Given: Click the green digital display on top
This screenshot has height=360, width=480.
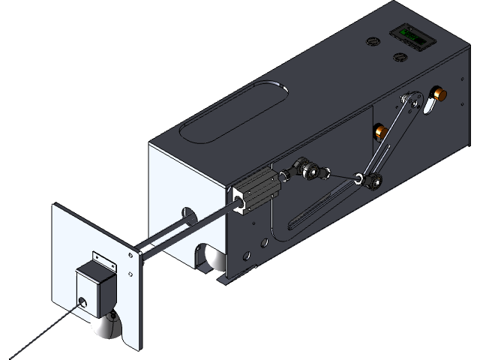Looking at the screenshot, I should pyautogui.click(x=409, y=34).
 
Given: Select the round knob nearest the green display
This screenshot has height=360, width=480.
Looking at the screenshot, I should pyautogui.click(x=400, y=57).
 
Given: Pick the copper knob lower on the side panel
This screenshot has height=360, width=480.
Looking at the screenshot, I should pyautogui.click(x=381, y=133).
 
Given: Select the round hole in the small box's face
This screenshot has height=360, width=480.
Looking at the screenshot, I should pyautogui.click(x=81, y=303).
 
